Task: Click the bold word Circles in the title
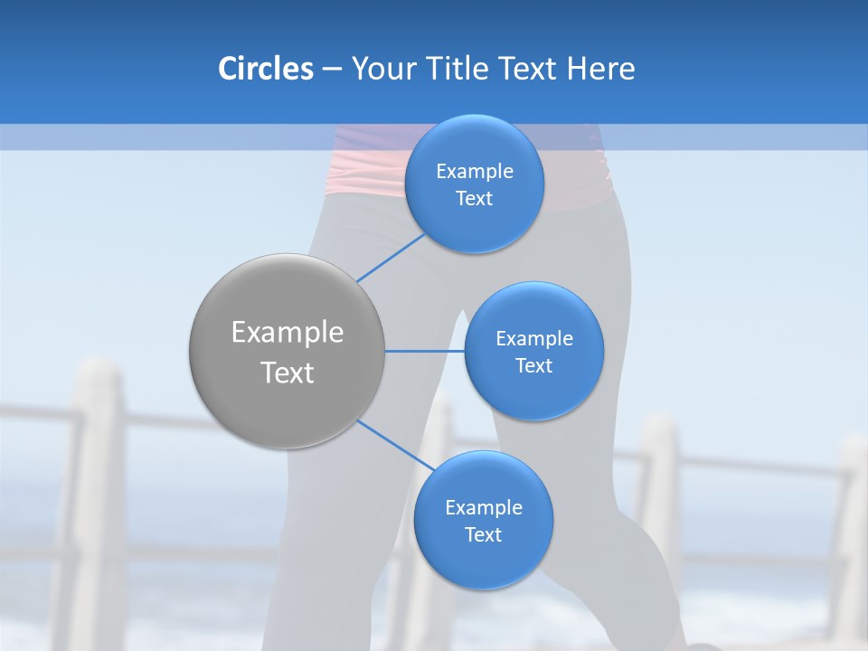pos(265,69)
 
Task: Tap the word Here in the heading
pos(600,69)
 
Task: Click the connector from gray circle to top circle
pos(392,257)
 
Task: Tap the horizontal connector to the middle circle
pos(424,351)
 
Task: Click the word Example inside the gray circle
pos(288,333)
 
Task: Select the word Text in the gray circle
pos(288,373)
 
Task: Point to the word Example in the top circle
pos(475,172)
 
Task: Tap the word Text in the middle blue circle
pos(533,365)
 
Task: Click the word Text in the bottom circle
pos(483,534)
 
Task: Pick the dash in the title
pos(332,69)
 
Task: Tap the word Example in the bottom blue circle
pos(484,507)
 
